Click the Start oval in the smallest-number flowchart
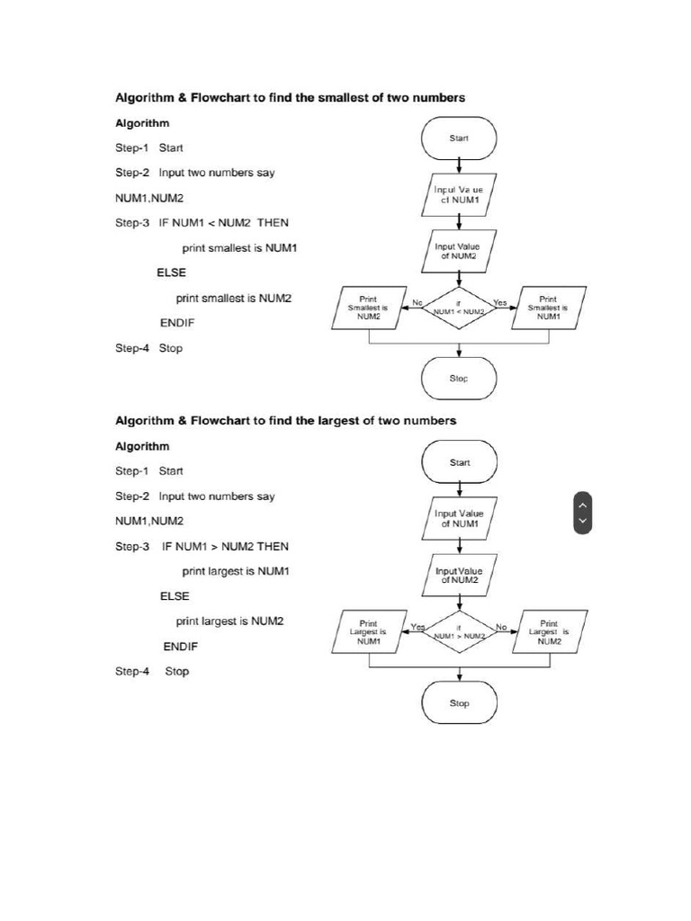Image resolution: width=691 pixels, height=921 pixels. tap(459, 139)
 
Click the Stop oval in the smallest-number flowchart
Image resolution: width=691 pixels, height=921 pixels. tap(459, 379)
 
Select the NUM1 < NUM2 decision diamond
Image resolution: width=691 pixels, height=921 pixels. tap(459, 308)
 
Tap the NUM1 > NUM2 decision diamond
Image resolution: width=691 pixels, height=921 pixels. tap(459, 631)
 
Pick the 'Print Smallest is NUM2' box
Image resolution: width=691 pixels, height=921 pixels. tap(368, 308)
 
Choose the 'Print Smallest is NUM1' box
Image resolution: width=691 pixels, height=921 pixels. tap(547, 308)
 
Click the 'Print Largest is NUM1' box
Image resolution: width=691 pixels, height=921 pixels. tap(368, 631)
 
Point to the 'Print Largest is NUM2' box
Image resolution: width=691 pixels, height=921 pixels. tap(549, 631)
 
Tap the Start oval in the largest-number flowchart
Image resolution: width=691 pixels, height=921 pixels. tap(459, 462)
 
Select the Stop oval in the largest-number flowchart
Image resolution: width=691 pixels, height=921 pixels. tap(459, 702)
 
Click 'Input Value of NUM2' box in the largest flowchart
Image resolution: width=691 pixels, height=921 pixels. tap(459, 576)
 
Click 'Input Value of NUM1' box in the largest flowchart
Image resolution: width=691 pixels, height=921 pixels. tap(459, 518)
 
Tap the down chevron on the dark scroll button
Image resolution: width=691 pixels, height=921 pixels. tap(582, 521)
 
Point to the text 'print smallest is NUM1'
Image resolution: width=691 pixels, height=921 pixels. tap(239, 247)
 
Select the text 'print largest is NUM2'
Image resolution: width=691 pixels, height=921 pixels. tap(229, 621)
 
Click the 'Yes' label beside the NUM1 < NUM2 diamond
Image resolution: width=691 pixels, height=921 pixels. tap(500, 302)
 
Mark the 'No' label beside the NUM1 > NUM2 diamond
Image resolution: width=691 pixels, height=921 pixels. tap(501, 626)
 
